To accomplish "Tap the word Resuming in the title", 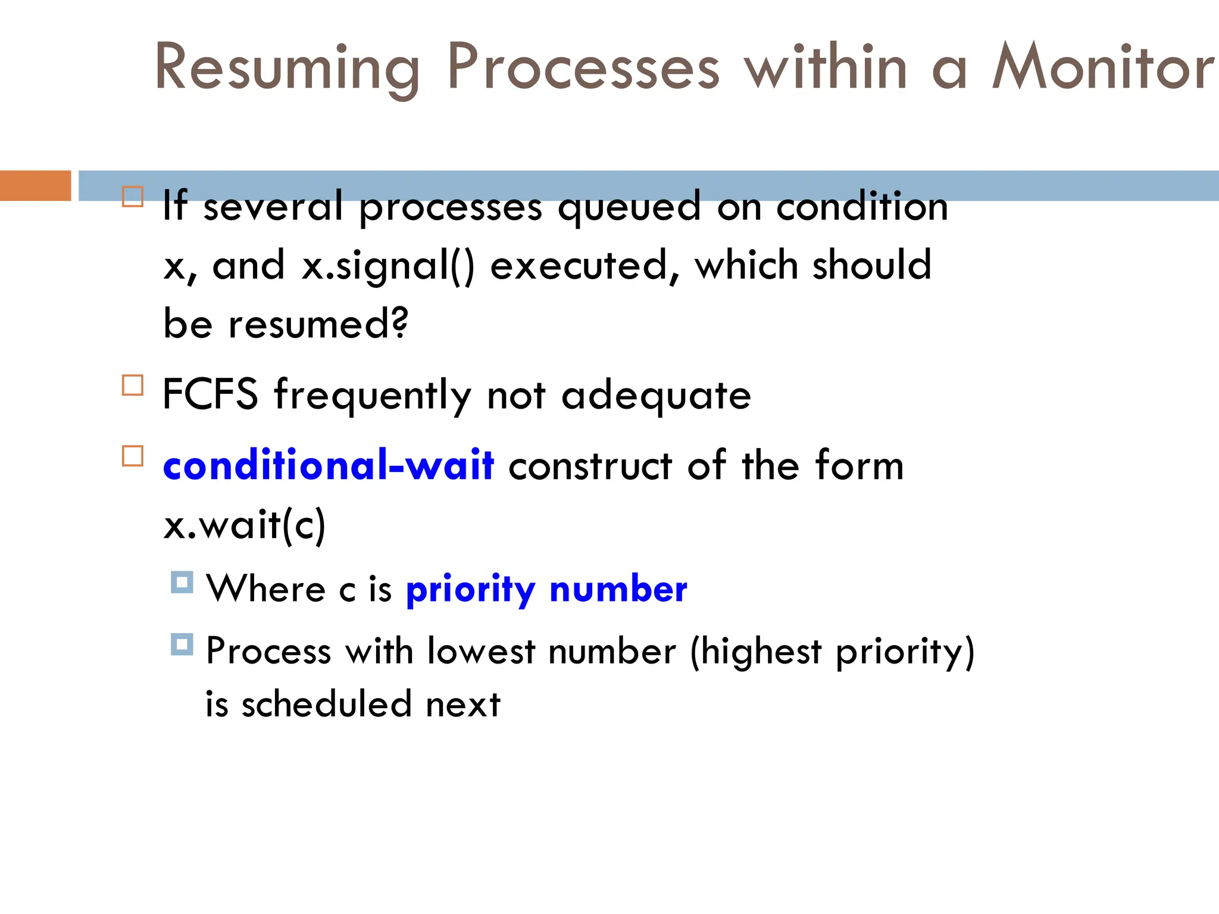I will [x=287, y=68].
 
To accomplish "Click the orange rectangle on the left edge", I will [x=35, y=185].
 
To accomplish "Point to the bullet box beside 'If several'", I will [x=133, y=196].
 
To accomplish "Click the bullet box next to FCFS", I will [x=133, y=385].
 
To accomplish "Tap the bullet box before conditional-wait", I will [x=133, y=456].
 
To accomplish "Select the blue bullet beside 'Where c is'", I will [x=182, y=582].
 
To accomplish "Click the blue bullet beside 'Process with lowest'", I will [x=182, y=644].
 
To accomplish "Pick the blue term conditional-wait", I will [x=328, y=465].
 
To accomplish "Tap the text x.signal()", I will [x=388, y=265].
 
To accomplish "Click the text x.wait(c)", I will [x=245, y=525].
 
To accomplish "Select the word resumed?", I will [x=318, y=324].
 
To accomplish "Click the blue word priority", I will [x=470, y=590].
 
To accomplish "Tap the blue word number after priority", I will [x=618, y=589].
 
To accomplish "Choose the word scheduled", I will [x=326, y=704].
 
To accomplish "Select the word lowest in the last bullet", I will [x=481, y=651].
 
